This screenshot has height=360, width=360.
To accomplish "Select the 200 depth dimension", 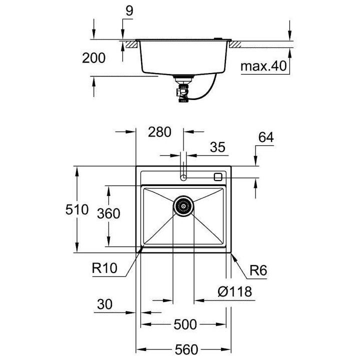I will coord(94,58).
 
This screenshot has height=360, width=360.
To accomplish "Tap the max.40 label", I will coord(265,66).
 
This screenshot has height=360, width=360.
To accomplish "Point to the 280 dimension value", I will coord(160,132).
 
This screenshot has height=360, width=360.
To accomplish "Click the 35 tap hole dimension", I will coord(217,147).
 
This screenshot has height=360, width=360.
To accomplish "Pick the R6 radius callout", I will coord(258,271).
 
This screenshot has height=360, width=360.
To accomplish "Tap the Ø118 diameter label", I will coord(234,291).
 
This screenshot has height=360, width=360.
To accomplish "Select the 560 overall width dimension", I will coord(185,348).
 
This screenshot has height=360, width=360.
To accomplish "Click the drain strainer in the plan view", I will coord(183,205).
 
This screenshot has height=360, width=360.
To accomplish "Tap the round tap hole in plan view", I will coord(183,177).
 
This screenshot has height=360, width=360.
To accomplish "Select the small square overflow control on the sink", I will coord(217,176).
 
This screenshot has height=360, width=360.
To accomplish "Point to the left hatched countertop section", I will coord(131,44).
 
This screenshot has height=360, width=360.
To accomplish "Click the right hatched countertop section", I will coord(235,44).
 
